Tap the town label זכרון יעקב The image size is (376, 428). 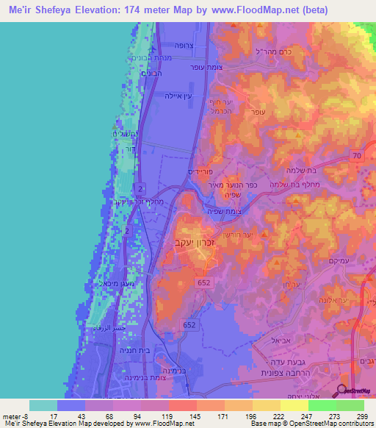pyautogui.click(x=194, y=240)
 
